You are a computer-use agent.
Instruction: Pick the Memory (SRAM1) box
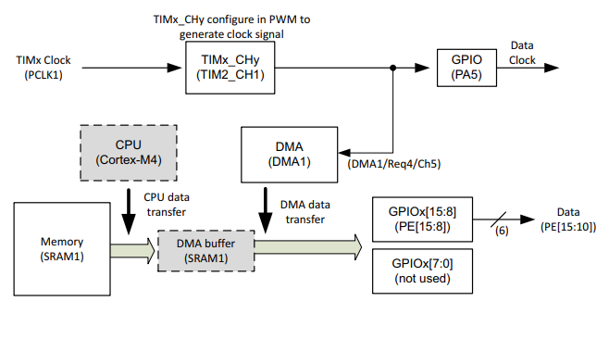pyautogui.click(x=61, y=247)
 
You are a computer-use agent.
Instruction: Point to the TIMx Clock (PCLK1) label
pyautogui.click(x=43, y=68)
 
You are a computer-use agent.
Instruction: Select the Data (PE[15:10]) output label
pyautogui.click(x=563, y=220)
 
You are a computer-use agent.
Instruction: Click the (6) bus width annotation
pyautogui.click(x=503, y=232)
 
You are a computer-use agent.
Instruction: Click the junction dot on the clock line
pyautogui.click(x=394, y=68)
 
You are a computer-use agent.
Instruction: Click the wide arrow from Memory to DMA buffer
pyautogui.click(x=135, y=247)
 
